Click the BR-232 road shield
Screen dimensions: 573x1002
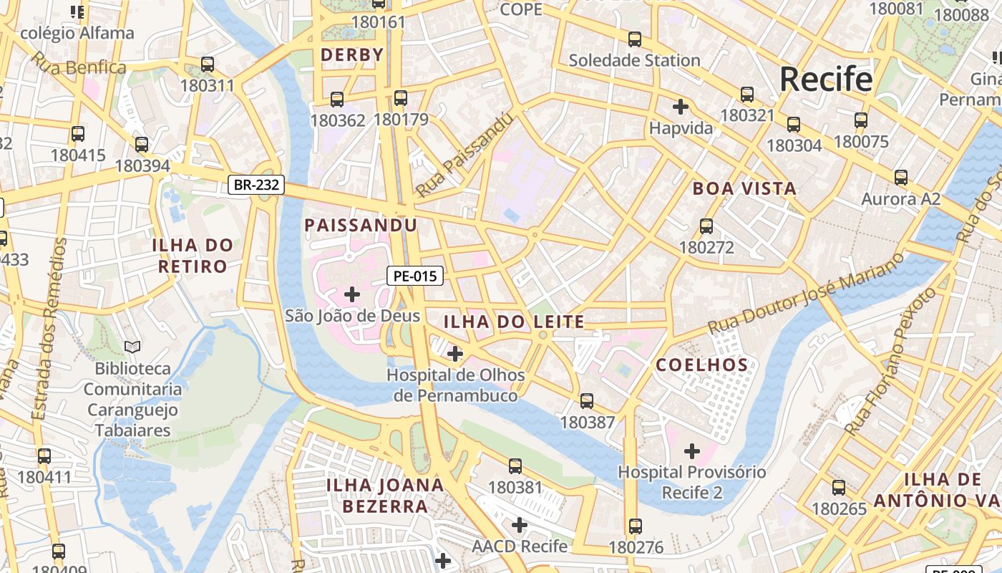point(257,186)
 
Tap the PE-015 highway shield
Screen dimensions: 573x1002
point(415,276)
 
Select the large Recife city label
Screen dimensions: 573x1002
point(826,79)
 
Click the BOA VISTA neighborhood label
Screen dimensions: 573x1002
point(744,189)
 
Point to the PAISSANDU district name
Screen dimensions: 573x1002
point(361,226)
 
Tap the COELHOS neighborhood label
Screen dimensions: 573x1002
point(702,365)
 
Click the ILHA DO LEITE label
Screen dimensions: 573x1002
point(514,322)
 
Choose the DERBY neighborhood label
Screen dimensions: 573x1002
point(352,55)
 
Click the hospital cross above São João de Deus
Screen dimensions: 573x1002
point(352,294)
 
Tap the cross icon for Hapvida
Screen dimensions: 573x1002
point(680,107)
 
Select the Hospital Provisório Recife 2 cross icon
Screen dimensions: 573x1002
point(691,451)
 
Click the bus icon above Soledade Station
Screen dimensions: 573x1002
point(634,39)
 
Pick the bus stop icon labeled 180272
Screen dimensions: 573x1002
point(706,226)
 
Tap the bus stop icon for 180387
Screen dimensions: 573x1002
point(587,401)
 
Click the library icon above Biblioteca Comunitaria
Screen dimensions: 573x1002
point(132,347)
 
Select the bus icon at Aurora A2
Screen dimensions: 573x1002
point(900,178)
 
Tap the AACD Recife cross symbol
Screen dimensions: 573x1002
point(520,525)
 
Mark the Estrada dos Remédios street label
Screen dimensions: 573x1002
point(49,329)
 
